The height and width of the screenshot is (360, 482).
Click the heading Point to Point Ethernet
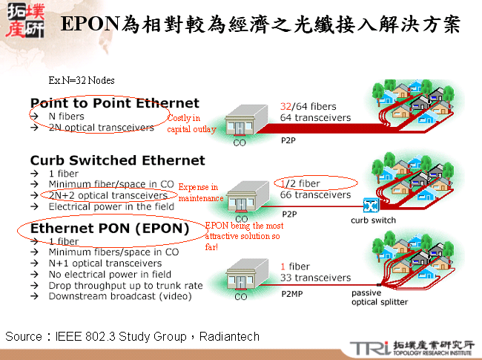115,103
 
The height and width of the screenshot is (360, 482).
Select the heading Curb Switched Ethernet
117,160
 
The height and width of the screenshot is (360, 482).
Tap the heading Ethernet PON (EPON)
110,228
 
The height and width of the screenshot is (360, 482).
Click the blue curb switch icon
372,205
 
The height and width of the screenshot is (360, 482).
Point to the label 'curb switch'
373,220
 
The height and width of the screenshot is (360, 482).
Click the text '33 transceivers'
316,278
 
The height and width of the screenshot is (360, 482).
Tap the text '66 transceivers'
316,195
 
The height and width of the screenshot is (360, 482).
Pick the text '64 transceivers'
316,117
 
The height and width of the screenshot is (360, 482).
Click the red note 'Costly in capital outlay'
191,123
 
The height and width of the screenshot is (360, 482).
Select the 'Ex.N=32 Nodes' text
82,80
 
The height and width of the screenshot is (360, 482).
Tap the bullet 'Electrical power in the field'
111,206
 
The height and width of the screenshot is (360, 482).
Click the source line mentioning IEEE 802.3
133,337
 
